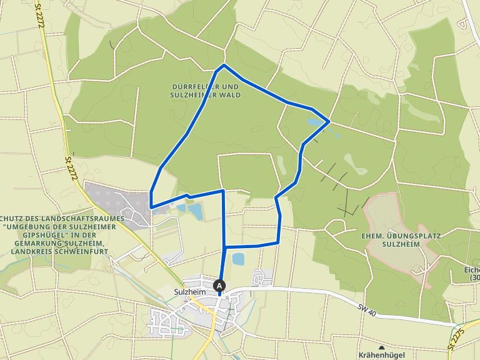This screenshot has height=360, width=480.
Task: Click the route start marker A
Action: coord(219,286)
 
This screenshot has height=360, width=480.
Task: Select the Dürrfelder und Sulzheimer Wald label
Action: coord(205,91)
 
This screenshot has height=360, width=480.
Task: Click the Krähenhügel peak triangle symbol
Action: coord(381,347)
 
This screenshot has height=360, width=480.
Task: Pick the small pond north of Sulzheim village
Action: coord(238,258)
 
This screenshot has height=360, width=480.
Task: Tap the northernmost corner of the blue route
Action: coord(224,65)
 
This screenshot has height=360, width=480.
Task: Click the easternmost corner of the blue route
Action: coord(329,121)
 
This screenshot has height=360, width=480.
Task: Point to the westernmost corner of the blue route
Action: coord(151,206)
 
